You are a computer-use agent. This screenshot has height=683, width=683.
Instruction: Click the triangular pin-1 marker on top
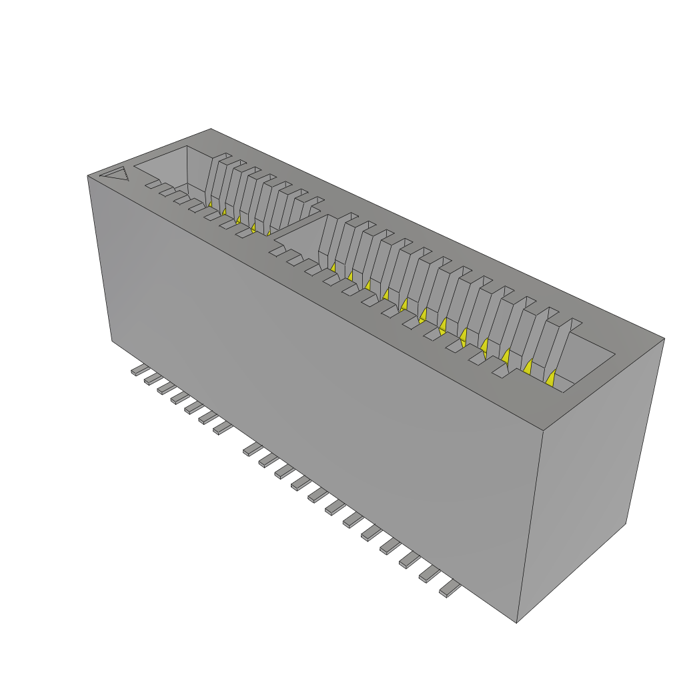coord(115,175)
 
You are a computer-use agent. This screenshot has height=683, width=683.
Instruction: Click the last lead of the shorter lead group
coord(222,427)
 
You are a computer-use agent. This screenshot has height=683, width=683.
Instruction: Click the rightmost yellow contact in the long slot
coord(550,379)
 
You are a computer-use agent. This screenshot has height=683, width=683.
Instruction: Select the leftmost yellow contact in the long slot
coord(331,267)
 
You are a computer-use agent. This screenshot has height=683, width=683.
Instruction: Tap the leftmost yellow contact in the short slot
coord(209,203)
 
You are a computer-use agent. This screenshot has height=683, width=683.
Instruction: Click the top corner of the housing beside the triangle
coord(88,176)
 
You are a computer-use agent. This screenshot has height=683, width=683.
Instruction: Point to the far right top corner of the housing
coord(664,338)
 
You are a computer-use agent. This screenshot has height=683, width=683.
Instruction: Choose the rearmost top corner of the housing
coord(211,129)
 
